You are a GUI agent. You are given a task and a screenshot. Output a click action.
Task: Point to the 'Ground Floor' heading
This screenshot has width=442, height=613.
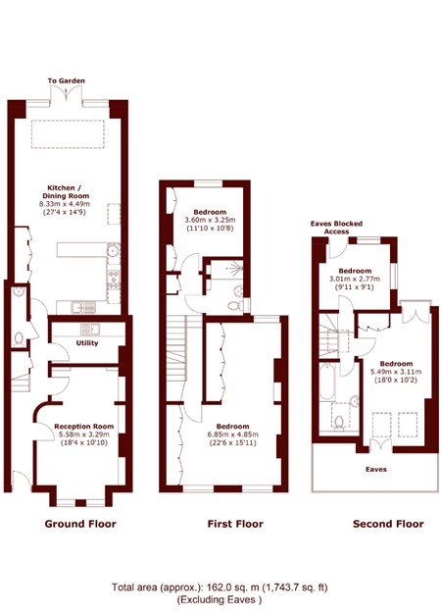(80, 524)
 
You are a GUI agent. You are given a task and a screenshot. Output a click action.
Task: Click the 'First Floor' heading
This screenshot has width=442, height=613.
(235, 524)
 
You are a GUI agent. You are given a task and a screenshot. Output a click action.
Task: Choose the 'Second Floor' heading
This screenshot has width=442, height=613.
(388, 524)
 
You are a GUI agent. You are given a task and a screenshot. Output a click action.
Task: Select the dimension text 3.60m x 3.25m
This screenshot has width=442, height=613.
(210, 221)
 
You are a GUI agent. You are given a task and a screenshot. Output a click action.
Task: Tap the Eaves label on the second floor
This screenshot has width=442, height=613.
(375, 469)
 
